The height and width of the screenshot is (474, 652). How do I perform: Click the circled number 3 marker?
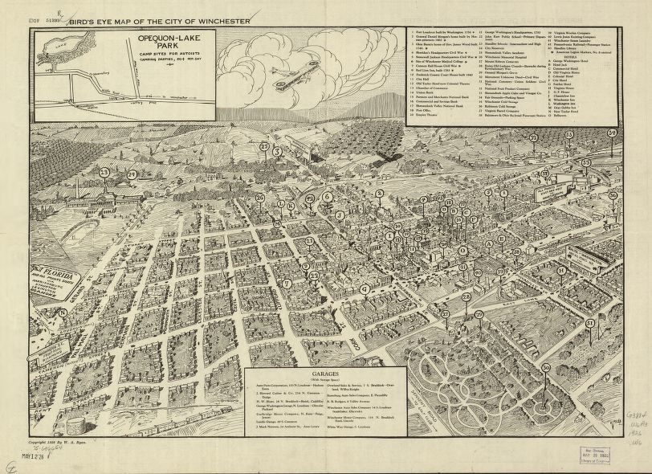277,151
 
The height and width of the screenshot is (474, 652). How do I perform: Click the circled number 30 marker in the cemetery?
546,367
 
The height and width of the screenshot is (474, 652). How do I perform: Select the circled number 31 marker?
590,323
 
